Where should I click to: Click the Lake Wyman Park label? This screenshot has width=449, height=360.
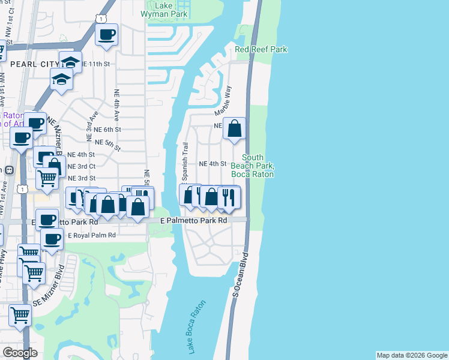pos(163,10)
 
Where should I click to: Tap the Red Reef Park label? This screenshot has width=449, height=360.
pos(261,49)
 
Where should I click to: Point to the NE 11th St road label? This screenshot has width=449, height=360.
pos(97,64)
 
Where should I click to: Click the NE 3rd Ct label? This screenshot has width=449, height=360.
pos(82,166)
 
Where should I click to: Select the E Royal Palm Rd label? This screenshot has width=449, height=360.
pos(91,236)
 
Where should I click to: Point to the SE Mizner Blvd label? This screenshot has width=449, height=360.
pos(49,295)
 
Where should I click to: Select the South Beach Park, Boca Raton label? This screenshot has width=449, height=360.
pos(253,166)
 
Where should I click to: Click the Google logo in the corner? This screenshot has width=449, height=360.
pos(20,353)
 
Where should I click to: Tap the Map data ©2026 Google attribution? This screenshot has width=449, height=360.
pos(412,355)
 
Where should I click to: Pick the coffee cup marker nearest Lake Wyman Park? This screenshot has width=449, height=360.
pos(106,35)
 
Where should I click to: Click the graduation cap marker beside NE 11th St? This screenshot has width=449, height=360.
pos(70,61)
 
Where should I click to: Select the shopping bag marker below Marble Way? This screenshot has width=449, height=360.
pos(234,128)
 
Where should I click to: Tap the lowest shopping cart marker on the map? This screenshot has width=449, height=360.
pos(20,314)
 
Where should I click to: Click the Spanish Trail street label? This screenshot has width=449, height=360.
pos(185,162)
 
